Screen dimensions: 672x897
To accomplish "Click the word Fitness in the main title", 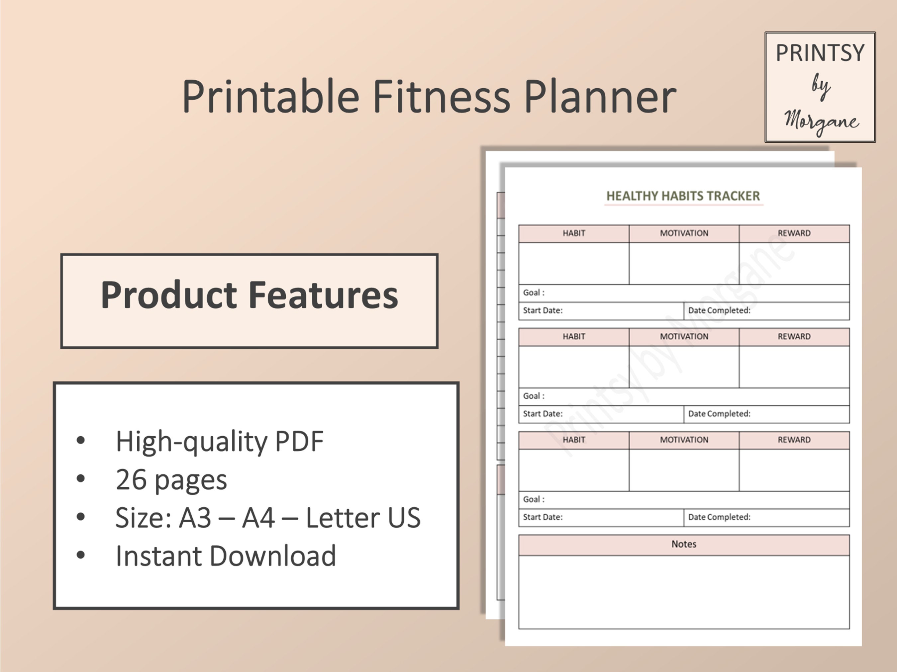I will coord(441,97).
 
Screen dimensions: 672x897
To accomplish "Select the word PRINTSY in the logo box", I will coord(820,53).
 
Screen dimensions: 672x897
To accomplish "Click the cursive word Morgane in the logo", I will coord(821,121).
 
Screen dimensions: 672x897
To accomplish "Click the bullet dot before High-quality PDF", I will coord(81,441).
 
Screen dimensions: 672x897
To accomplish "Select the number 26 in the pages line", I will coord(131,479).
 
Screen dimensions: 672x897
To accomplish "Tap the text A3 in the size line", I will coord(195,518).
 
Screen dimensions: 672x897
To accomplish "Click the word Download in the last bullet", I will coord(273,556).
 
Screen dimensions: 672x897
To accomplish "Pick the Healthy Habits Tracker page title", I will coord(683,196).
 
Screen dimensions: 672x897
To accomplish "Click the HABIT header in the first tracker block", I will coord(574,233).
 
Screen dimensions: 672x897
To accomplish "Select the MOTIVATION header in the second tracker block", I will coord(684,337).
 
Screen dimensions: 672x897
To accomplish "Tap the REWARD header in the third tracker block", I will coord(794,440).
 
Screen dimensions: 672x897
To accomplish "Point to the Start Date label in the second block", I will coord(543,414).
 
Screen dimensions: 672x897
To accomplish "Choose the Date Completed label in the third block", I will coord(719,517).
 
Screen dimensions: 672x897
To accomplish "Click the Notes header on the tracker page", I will coord(684,544).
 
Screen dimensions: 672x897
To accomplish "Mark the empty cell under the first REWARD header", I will coord(794,263).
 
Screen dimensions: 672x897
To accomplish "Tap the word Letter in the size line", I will coord(342,518).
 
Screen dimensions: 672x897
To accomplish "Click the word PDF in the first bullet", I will coord(299,441).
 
